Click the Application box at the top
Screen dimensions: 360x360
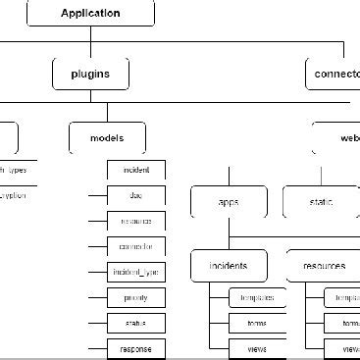(x=90, y=14)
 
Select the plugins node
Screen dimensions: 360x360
(x=90, y=74)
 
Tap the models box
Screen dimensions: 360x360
(x=108, y=138)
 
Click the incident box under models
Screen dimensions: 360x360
(x=136, y=170)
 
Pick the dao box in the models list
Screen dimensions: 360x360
(x=136, y=195)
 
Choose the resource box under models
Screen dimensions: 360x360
(x=136, y=221)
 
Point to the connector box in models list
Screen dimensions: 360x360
(x=136, y=246)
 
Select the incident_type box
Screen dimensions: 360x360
(x=136, y=272)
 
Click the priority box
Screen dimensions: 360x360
(x=136, y=297)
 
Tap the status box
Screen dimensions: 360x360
(x=136, y=323)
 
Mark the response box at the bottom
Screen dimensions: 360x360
(x=136, y=348)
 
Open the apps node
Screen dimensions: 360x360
(x=229, y=202)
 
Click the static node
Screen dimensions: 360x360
(x=322, y=202)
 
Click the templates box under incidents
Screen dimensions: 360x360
(x=258, y=297)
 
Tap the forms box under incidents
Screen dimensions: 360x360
(x=258, y=323)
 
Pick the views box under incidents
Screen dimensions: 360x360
(x=258, y=348)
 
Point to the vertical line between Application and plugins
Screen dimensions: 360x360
(x=90, y=41)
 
